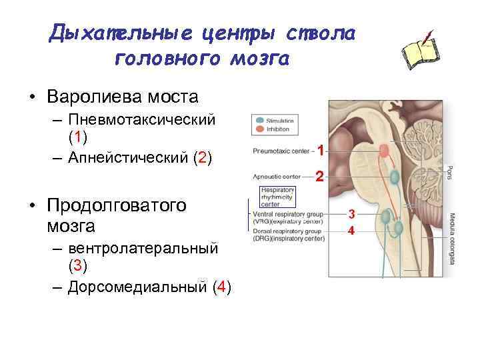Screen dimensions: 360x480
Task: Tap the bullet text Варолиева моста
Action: pyautogui.click(x=123, y=97)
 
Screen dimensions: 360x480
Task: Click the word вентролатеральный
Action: pyautogui.click(x=143, y=247)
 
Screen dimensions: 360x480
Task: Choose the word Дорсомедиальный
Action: pyautogui.click(x=137, y=287)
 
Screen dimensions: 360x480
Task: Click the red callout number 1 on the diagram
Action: pyautogui.click(x=321, y=151)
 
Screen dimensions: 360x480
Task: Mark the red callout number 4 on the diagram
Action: pyautogui.click(x=353, y=231)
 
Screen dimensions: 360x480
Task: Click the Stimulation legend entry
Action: pyautogui.click(x=280, y=121)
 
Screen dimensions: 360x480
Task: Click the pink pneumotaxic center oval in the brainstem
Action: pyautogui.click(x=384, y=151)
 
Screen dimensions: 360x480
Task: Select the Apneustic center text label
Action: pyautogui.click(x=277, y=177)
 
